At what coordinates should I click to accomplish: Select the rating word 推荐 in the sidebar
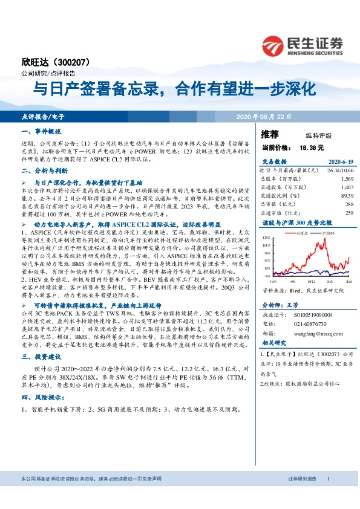[x=270, y=134]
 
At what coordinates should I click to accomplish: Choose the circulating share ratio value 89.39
[x=346, y=196]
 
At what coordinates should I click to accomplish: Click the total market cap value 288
[x=349, y=204]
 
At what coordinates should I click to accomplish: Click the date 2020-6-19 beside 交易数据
[x=339, y=162]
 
